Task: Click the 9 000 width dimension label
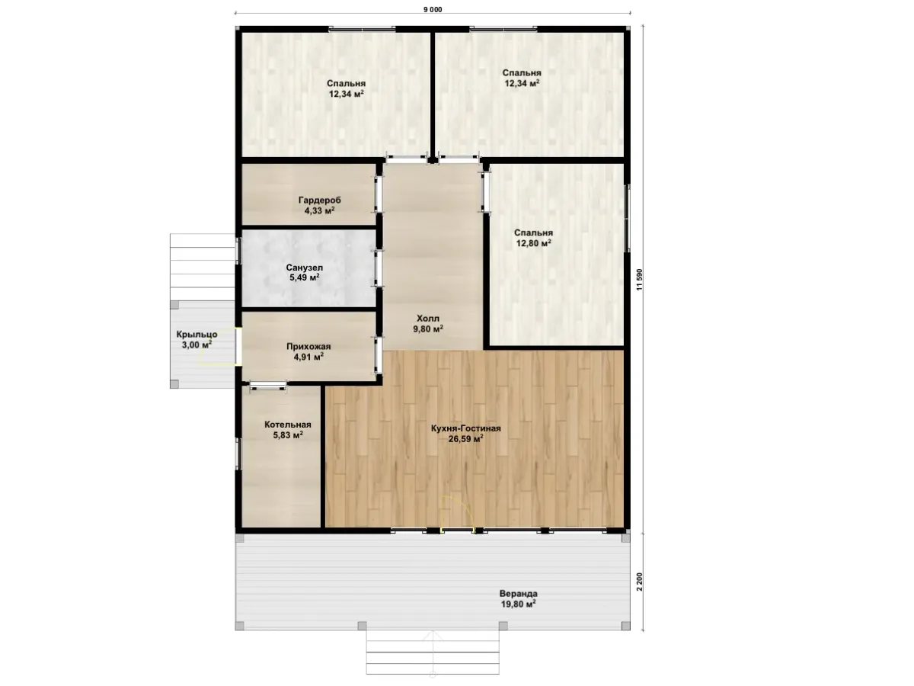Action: click(433, 10)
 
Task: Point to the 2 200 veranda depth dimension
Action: click(640, 582)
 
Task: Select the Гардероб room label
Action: click(319, 200)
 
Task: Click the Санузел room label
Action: click(305, 268)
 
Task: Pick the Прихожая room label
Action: click(308, 347)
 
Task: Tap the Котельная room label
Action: click(288, 425)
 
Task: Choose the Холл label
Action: click(428, 319)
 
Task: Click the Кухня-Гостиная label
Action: click(466, 428)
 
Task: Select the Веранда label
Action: click(519, 594)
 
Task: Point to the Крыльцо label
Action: click(197, 335)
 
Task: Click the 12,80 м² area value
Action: click(534, 243)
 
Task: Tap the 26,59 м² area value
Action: click(466, 438)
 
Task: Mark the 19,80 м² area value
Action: click(519, 604)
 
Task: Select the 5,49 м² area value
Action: click(305, 277)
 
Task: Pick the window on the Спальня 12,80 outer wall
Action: click(628, 218)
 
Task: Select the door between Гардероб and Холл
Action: click(379, 194)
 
